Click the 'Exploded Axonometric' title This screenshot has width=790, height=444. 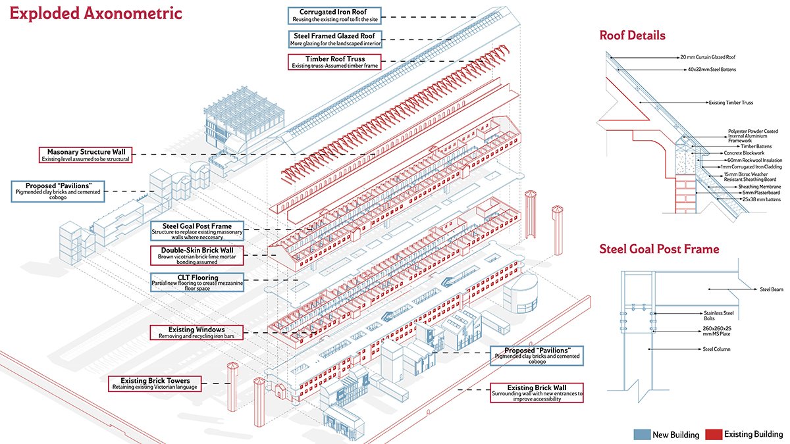tap(95, 14)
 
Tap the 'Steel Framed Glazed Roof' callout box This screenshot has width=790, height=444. tap(334, 39)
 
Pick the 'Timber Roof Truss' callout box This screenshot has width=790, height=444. tap(334, 62)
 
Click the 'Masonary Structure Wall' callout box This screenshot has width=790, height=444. tap(84, 155)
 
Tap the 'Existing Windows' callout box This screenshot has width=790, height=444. tap(196, 332)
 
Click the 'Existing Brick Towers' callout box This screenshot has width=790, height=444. tap(155, 383)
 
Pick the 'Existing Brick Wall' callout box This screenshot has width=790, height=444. tap(537, 392)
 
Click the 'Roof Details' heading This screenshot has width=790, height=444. tap(632, 36)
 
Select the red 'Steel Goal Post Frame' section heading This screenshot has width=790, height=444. tap(659, 249)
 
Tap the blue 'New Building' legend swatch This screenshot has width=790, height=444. tap(641, 435)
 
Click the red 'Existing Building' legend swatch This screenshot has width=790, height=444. tap(714, 435)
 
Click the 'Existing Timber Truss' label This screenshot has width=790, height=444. tap(730, 103)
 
